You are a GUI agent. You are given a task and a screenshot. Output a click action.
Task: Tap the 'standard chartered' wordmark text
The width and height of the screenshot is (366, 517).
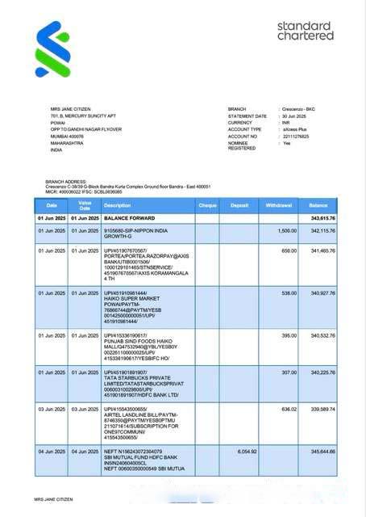[x=305, y=32]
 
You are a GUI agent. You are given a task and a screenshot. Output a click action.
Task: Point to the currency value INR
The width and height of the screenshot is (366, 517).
[x=286, y=123]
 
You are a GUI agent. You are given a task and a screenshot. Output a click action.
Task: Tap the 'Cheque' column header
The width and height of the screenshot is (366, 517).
[x=208, y=206]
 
